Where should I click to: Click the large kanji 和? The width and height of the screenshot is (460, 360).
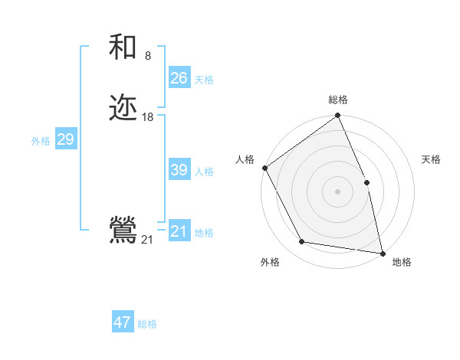[x=123, y=47]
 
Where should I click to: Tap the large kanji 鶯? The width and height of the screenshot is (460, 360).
[x=123, y=231]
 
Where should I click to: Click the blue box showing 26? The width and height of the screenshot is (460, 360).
[x=179, y=78]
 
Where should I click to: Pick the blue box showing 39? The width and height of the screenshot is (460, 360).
[x=179, y=170]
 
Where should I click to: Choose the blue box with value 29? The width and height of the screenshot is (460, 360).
[x=65, y=139]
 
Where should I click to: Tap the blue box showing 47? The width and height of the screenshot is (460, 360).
[x=123, y=322]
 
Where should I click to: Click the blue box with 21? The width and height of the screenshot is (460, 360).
[x=179, y=231]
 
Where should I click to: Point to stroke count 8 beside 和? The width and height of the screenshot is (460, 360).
[x=148, y=56]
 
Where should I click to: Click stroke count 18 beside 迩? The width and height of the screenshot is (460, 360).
[x=148, y=117]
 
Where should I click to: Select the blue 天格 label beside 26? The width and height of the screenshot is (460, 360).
[x=204, y=80]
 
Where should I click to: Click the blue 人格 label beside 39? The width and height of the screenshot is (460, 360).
[x=204, y=172]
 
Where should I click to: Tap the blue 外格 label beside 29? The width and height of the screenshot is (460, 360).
[x=41, y=141]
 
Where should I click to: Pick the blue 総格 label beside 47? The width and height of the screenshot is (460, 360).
[x=147, y=324]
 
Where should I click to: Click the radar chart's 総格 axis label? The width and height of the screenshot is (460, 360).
[x=337, y=100]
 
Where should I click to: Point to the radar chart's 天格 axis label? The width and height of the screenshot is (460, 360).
[x=432, y=159]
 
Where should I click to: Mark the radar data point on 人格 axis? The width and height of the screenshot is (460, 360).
[x=264, y=168]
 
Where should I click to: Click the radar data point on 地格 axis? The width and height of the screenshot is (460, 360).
[x=382, y=253]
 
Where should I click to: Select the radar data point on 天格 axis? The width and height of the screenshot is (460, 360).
[x=366, y=182]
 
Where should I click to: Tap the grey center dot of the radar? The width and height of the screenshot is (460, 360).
[x=337, y=191]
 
